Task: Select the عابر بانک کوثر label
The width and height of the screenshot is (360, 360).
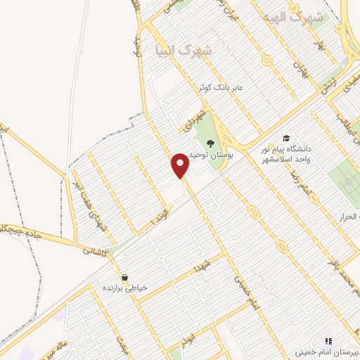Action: point(219,88)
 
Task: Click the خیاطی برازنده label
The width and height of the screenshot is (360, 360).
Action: point(124,288)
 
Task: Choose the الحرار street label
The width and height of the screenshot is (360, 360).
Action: point(349,214)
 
